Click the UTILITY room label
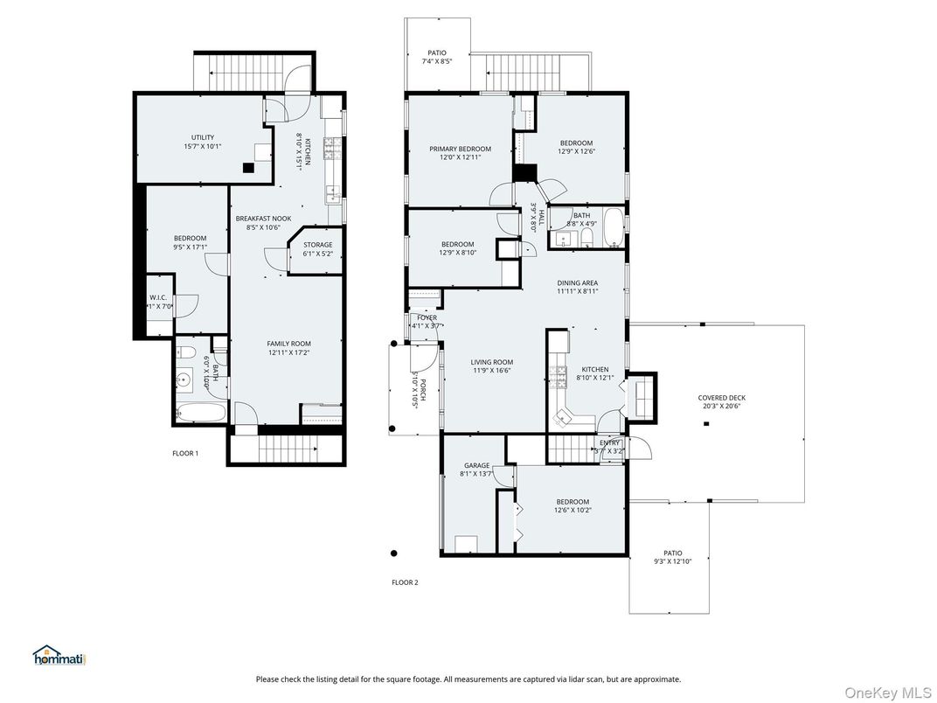[x=202, y=137]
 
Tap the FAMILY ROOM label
[x=288, y=344]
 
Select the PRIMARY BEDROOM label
[x=460, y=149]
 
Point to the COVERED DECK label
[x=721, y=398]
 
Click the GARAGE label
[x=476, y=466]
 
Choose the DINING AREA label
[x=577, y=282]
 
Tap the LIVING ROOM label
[x=492, y=362]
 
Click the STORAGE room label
[x=317, y=245]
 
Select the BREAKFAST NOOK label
[x=263, y=219]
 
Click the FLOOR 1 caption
[x=185, y=453]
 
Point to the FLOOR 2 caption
[x=405, y=582]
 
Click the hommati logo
[x=59, y=656]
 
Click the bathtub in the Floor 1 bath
[x=201, y=413]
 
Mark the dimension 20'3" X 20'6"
[x=721, y=407]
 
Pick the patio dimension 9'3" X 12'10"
[x=672, y=561]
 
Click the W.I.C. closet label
[x=159, y=298]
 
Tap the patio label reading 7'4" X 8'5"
[x=436, y=62]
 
